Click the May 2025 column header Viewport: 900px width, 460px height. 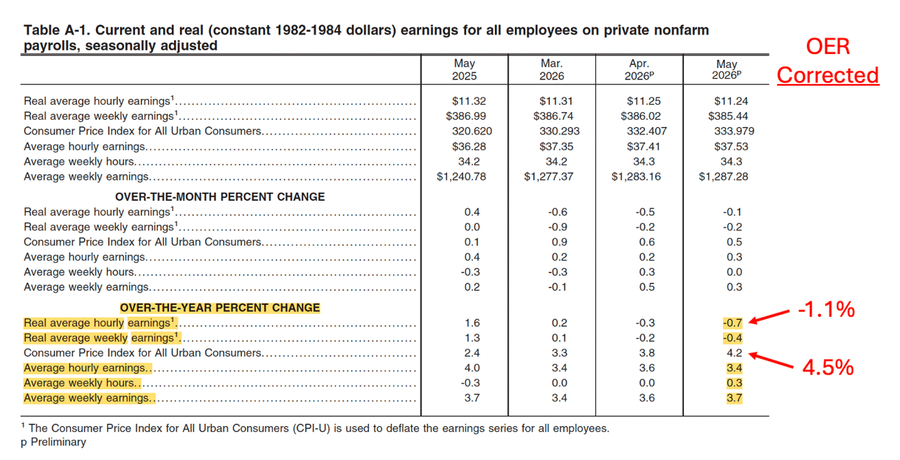tap(465, 69)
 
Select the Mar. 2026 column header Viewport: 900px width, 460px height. tap(552, 69)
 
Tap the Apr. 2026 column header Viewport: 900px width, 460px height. tap(640, 69)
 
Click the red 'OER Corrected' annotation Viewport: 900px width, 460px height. tap(828, 61)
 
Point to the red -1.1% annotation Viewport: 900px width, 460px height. tap(826, 309)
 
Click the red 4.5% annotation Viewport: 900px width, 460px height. tap(828, 368)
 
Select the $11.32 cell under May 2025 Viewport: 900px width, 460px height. tap(469, 101)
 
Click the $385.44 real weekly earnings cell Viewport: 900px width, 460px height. tap(728, 116)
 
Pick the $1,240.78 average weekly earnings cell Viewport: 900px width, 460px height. tap(461, 176)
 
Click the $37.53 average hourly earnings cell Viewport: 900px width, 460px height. tap(731, 146)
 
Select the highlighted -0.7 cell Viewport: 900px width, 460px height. tap(733, 323)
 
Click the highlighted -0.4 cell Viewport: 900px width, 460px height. tap(733, 337)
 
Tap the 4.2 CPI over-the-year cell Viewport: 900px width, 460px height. tap(735, 353)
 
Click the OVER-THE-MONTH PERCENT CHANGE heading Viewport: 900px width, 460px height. tap(220, 197)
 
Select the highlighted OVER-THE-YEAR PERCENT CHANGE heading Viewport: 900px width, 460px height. tap(220, 308)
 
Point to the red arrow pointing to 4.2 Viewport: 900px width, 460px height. tap(771, 360)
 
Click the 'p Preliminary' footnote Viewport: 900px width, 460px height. tap(53, 442)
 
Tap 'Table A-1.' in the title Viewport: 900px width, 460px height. tap(57, 30)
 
